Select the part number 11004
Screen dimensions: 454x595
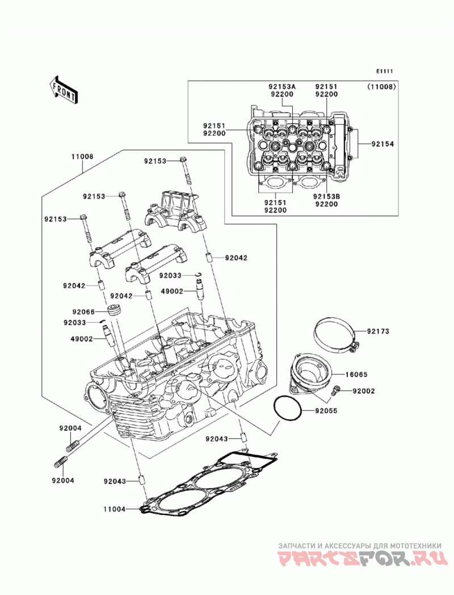tap(115, 509)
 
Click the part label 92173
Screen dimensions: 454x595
tap(378, 331)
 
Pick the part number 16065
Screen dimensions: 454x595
tap(356, 375)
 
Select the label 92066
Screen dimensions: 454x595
tap(83, 312)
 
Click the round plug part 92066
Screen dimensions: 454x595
tap(114, 309)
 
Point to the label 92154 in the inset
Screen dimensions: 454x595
tap(382, 144)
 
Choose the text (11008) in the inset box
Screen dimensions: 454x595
tap(381, 87)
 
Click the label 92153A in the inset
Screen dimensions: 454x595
tap(281, 87)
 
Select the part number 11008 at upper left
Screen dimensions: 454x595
tap(82, 156)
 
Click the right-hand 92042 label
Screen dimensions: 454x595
tap(236, 258)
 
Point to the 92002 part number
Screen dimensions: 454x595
tap(363, 391)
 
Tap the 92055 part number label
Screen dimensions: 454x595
tap(326, 411)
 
